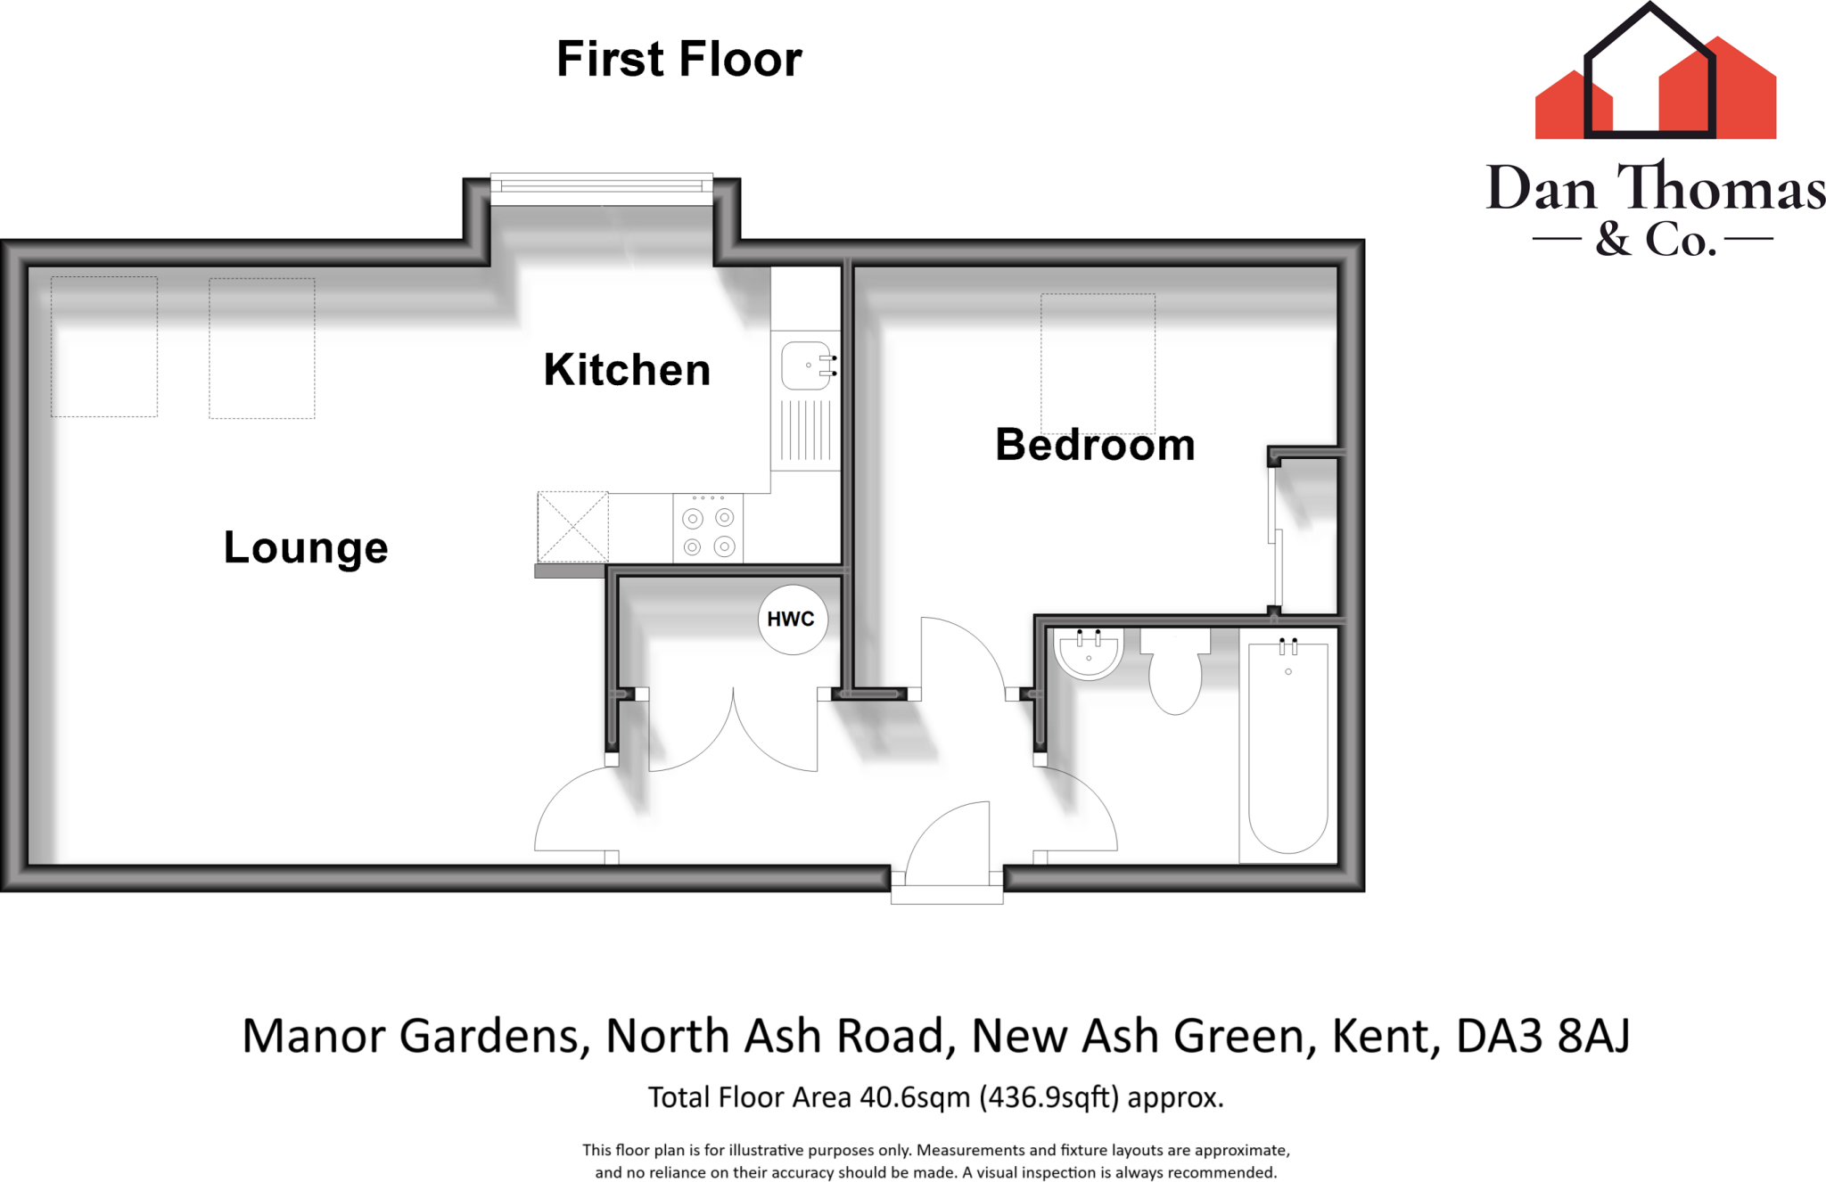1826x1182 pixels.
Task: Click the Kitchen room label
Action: click(627, 370)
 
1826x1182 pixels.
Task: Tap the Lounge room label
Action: click(306, 547)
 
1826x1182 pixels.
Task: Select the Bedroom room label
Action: click(1095, 445)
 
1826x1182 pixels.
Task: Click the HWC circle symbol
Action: click(792, 620)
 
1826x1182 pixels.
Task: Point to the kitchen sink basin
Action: click(805, 365)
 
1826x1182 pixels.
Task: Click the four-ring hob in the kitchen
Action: click(708, 531)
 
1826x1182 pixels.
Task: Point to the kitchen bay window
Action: click(602, 187)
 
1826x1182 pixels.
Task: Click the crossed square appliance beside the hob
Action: click(572, 527)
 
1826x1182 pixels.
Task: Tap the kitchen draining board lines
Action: click(806, 431)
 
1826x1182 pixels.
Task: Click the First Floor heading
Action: click(679, 60)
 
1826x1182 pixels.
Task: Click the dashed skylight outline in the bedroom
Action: click(1098, 364)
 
